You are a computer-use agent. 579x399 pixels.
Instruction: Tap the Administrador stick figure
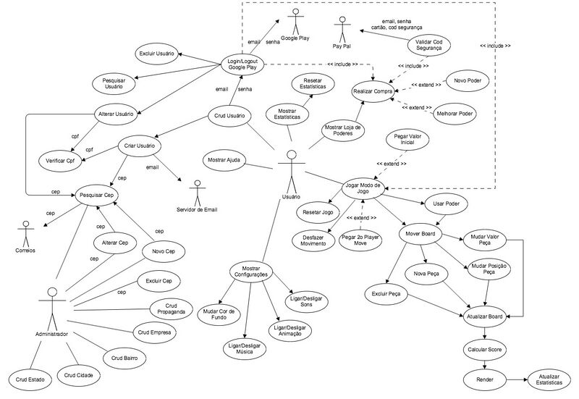point(51,307)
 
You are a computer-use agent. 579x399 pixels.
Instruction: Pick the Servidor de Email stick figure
point(196,193)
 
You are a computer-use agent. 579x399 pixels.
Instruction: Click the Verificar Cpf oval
point(61,159)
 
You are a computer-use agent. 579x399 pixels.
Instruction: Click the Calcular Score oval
point(485,349)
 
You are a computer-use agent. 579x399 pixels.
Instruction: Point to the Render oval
point(485,379)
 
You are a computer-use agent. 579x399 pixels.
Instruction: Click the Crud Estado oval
point(30,379)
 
